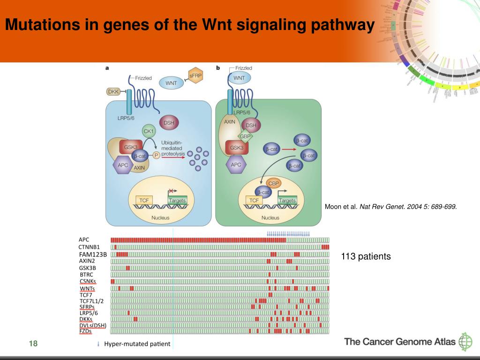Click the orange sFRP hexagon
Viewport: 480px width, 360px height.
tap(195, 75)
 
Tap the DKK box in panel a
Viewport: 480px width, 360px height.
tap(113, 92)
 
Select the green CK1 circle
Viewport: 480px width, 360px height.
tap(149, 132)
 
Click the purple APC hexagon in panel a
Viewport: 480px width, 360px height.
tap(123, 165)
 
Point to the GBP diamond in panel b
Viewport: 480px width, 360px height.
tap(245, 136)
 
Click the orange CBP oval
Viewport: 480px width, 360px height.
tap(273, 183)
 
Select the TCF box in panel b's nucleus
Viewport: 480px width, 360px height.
tap(254, 200)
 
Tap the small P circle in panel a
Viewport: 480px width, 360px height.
tap(156, 156)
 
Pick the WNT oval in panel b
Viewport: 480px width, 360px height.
tap(239, 78)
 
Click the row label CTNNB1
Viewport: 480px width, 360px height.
tap(89, 247)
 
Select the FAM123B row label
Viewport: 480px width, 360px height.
tap(93, 254)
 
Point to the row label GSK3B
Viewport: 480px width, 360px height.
tap(88, 268)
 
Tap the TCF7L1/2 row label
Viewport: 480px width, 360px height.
tap(91, 301)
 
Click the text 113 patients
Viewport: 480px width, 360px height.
tap(366, 256)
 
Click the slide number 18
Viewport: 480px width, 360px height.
tap(33, 344)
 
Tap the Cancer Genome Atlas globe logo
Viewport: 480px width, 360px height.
tap(465, 342)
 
